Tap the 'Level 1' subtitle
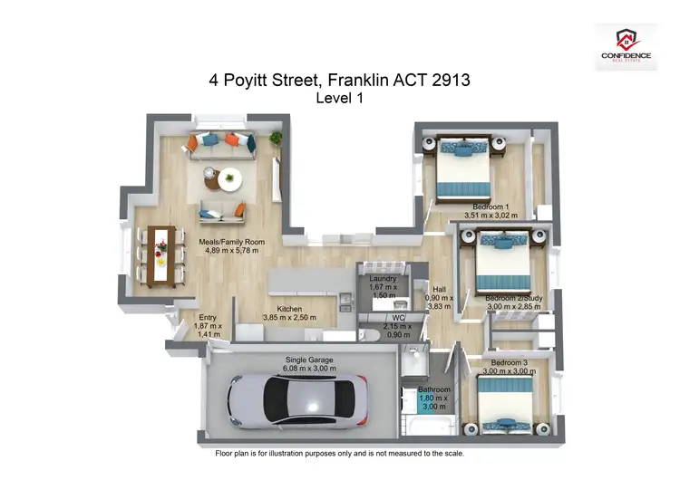point(339,99)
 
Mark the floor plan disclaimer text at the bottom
point(339,452)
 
